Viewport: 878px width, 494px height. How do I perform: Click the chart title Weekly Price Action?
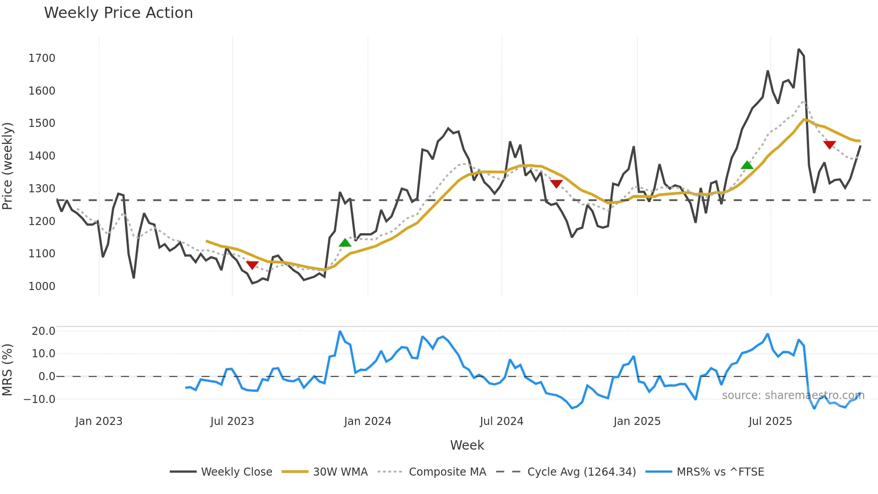pos(118,13)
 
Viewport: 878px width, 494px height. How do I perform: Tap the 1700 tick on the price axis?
pos(42,58)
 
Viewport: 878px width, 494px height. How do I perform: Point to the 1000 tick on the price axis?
pos(42,286)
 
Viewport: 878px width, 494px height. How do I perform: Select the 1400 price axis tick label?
pos(42,156)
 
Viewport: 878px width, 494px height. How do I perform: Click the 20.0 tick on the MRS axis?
pos(43,331)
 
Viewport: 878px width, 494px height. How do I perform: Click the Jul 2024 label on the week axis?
pos(501,421)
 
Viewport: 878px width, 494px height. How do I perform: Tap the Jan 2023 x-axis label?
pos(99,421)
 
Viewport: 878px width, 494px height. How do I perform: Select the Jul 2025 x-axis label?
pos(770,421)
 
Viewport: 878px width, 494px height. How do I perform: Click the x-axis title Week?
pos(467,445)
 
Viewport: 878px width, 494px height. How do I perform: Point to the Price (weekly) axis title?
pos(8,166)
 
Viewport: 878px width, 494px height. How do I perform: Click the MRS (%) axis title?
pos(8,370)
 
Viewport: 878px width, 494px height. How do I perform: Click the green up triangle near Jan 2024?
pos(345,243)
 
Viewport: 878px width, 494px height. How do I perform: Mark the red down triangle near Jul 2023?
pos(252,265)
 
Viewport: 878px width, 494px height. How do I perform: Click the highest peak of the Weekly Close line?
pos(799,50)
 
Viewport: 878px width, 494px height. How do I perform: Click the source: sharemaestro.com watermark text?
pos(793,395)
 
